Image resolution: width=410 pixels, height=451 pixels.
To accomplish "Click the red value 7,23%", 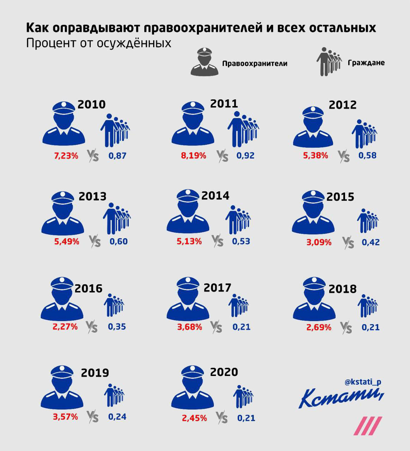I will coord(66,155).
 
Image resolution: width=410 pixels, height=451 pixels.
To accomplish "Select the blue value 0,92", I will coord(245,155).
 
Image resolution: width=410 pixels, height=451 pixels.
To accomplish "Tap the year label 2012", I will coord(342,105).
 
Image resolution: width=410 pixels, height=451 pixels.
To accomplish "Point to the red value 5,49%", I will coord(66,242).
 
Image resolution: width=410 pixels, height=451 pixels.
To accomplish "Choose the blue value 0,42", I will coord(370,242).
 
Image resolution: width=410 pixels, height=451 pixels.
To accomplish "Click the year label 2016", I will coord(88,288).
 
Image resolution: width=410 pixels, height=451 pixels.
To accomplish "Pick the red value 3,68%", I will coord(189,327).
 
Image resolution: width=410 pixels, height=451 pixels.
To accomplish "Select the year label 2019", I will coord(95,372).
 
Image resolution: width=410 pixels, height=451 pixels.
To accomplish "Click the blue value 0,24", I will coord(117,416).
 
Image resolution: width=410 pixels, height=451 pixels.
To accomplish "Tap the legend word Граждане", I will coord(366,63).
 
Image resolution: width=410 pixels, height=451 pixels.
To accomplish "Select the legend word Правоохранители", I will coord(254,63).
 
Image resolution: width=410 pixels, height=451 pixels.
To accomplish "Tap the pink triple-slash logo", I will coord(368,425).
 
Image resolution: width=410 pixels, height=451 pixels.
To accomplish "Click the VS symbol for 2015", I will coord(348,243).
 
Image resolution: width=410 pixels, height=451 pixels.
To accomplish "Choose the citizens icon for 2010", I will coord(115,130).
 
